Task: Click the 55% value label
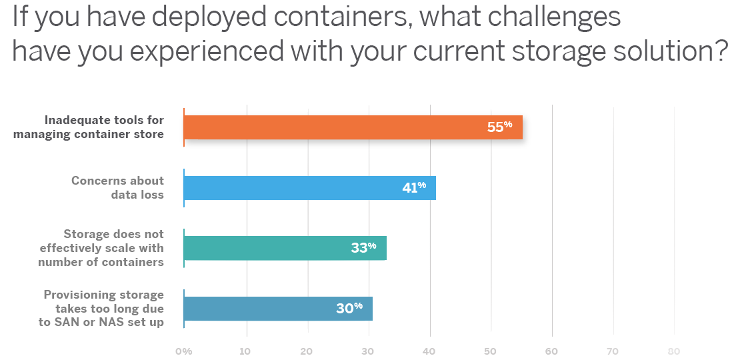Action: pos(499,126)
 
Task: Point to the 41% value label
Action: pos(413,188)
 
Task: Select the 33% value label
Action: pos(363,247)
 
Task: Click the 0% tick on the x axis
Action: pos(183,351)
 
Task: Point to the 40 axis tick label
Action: pos(429,351)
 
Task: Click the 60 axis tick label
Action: pos(551,351)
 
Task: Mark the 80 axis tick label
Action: pos(673,351)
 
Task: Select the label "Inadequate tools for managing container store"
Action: pos(104,127)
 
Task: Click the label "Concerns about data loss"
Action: pos(117,187)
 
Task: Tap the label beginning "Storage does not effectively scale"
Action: pos(101,248)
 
